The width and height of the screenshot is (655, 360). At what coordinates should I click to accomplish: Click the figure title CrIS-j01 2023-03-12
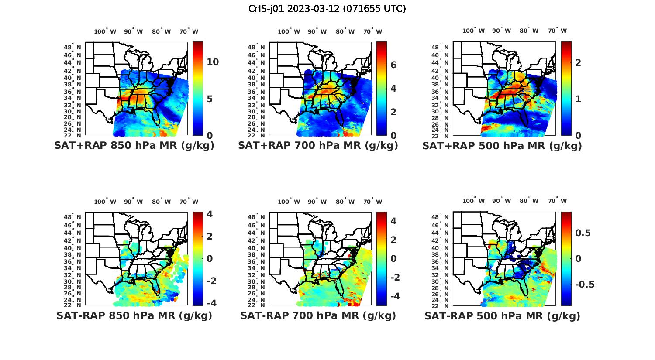tap(327, 8)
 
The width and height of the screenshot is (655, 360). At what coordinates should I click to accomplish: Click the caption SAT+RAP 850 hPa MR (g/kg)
tap(134, 146)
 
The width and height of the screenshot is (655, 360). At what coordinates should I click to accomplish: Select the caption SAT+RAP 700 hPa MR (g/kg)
tap(318, 146)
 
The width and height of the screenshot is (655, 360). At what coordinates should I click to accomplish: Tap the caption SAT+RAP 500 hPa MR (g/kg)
tap(502, 146)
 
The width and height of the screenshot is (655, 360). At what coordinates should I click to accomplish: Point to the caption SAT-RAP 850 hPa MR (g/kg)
tap(134, 315)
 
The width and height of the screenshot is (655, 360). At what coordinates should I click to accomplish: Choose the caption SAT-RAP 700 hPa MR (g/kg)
tap(318, 315)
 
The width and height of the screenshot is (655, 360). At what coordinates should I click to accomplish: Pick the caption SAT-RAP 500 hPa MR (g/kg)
tap(502, 315)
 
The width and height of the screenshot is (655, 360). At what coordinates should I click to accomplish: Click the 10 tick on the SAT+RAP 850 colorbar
tap(213, 62)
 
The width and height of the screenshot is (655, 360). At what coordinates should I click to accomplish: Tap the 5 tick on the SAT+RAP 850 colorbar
tap(210, 99)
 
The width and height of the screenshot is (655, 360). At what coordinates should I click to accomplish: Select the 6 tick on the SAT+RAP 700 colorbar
tap(393, 65)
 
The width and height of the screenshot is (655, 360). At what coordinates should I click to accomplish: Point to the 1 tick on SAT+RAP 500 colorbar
tap(578, 99)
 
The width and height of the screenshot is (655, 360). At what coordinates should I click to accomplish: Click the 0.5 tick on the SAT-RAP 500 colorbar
tap(583, 233)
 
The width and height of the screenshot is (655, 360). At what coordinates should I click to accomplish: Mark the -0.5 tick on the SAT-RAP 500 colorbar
tap(585, 285)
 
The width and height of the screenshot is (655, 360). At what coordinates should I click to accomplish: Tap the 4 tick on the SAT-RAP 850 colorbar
tap(210, 214)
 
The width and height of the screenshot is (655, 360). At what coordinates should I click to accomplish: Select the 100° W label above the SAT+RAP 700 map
tap(289, 31)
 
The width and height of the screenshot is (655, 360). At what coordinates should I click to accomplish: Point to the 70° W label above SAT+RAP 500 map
tap(557, 31)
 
